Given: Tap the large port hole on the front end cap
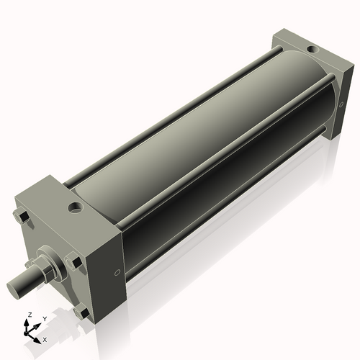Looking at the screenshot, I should [75, 209].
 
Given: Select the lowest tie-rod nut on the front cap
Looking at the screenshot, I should [84, 313].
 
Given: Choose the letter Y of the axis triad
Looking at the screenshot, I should [44, 318].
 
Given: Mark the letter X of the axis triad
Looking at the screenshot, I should [45, 338].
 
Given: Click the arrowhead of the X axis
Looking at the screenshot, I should [39, 336].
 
